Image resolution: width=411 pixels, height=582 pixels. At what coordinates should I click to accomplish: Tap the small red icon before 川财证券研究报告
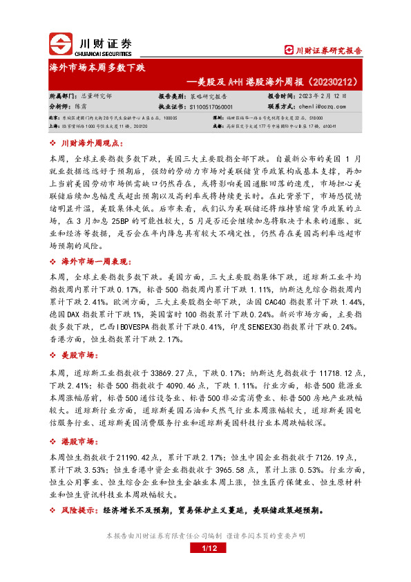click(289, 50)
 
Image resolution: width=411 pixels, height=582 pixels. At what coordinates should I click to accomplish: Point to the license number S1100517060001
click(210, 107)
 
